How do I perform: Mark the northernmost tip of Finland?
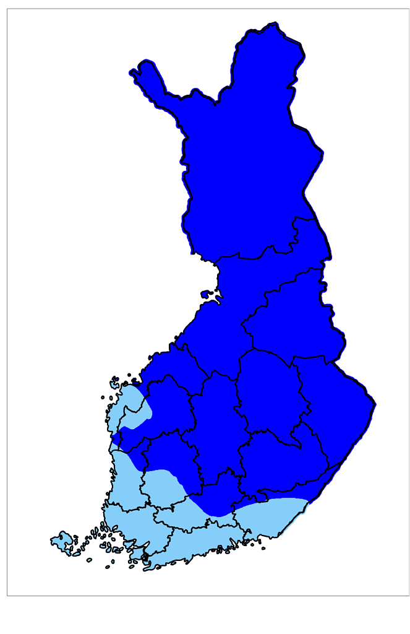point(273,25)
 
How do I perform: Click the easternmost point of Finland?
point(375,405)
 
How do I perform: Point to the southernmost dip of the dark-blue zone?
point(217,515)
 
